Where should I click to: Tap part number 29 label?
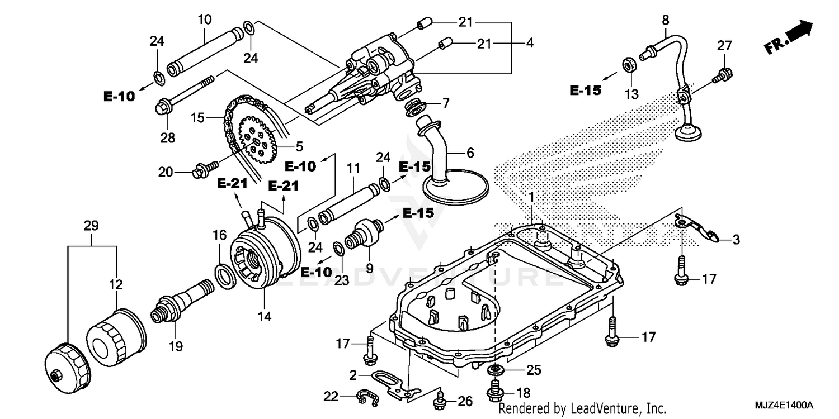91,226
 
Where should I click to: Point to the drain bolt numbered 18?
494,392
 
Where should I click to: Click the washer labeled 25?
494,370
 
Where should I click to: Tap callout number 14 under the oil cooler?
265,317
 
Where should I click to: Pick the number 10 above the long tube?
204,20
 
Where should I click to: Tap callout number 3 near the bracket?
736,240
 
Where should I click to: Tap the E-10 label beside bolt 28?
119,96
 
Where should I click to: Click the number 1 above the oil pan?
531,197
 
